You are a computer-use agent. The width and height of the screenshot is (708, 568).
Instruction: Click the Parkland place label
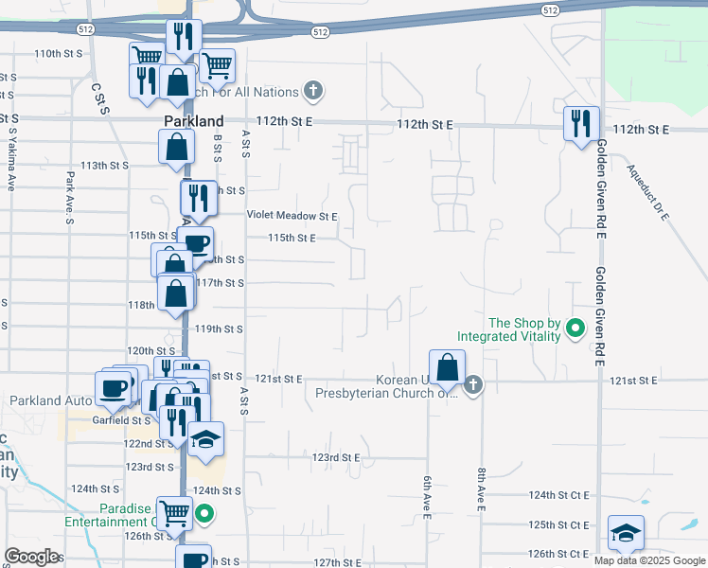193,121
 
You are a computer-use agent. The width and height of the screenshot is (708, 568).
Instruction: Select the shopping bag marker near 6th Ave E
447,366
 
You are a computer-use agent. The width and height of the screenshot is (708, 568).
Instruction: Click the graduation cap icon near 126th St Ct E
626,532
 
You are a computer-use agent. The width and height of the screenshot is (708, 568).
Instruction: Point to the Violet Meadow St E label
292,216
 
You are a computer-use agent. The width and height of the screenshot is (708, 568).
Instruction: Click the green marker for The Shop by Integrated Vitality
575,329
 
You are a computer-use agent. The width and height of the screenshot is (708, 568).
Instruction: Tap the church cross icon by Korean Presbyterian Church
474,384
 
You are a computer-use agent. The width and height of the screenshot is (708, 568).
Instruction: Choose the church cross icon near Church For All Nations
313,92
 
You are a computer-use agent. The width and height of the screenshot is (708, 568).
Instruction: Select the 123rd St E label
335,457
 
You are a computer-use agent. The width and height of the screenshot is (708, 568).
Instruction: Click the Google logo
31,557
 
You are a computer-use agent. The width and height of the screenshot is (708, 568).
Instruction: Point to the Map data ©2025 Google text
649,560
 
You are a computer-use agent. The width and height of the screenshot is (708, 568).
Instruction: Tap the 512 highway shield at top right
550,9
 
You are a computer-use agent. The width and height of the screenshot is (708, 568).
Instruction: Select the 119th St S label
220,329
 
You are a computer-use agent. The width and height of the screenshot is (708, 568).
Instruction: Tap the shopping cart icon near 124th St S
174,513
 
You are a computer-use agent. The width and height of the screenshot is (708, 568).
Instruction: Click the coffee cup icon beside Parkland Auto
114,386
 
